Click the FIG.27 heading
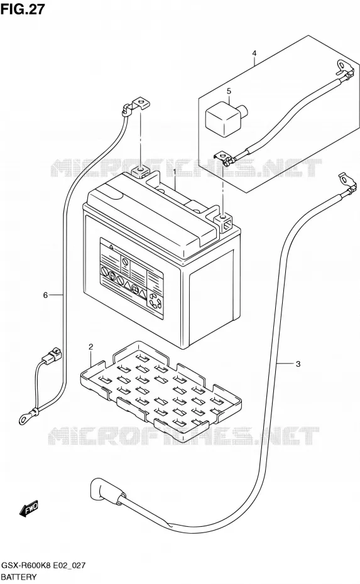[23, 9]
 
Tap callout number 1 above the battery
[175, 171]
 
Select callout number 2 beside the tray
[90, 347]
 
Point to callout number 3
[298, 364]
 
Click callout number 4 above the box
[254, 53]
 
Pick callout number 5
[229, 90]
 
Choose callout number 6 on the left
[45, 295]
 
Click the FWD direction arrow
[28, 509]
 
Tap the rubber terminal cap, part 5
[224, 117]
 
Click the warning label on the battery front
[133, 278]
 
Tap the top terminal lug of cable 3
[346, 181]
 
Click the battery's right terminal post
[223, 221]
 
